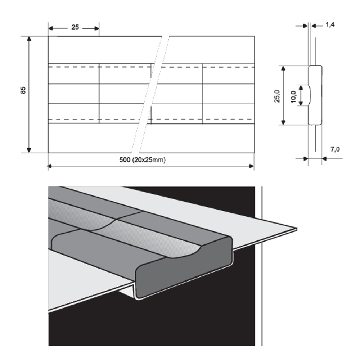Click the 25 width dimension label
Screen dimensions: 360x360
[x=75, y=27]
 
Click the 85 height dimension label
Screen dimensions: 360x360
[x=23, y=90]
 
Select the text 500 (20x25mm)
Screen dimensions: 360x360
[x=142, y=160]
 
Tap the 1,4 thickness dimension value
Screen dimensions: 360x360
[x=330, y=25]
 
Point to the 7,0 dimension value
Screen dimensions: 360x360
[x=335, y=149]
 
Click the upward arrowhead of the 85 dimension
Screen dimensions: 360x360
[x=29, y=39]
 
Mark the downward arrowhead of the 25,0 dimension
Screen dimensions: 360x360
[x=284, y=122]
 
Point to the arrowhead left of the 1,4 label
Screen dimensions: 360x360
[x=306, y=26]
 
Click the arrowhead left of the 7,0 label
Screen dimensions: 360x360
[x=306, y=158]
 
